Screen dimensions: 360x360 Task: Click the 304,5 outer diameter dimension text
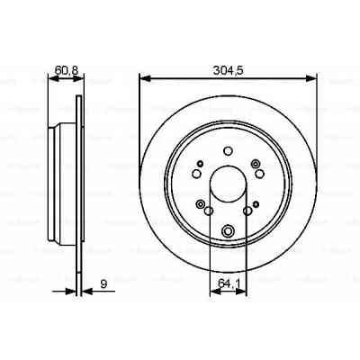(x=227, y=67)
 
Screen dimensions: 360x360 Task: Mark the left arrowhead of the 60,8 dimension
(x=52, y=78)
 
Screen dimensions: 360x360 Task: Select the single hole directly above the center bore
(x=227, y=150)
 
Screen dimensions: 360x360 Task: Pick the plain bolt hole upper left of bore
(x=197, y=167)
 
